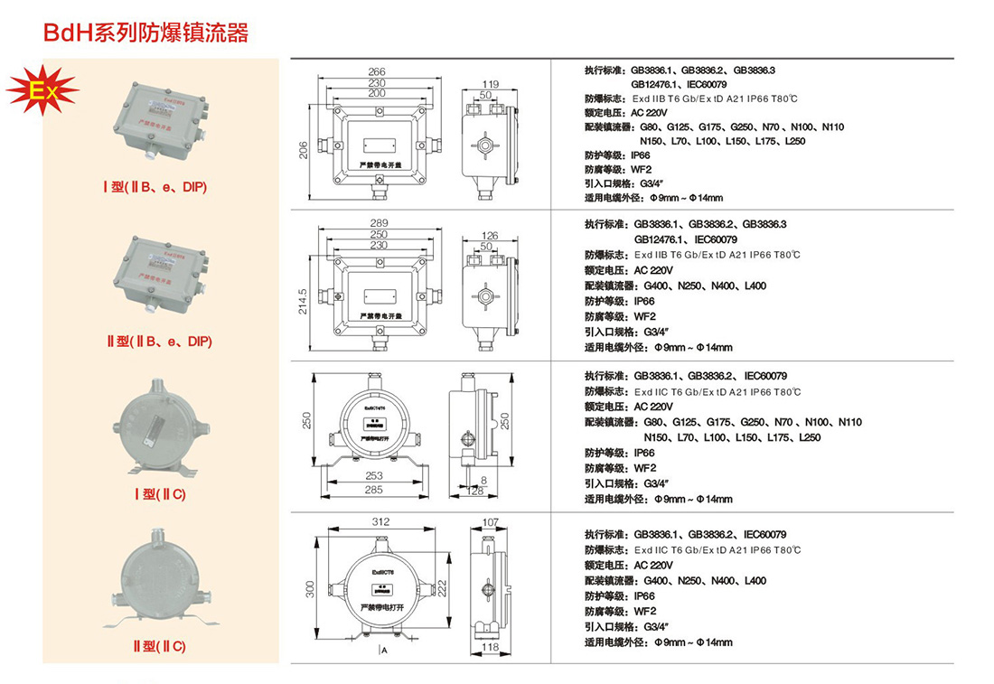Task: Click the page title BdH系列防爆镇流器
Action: [146, 34]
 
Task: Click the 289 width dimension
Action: [379, 223]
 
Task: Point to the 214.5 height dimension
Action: [305, 302]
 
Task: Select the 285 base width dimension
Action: [374, 489]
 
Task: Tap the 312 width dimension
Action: [380, 521]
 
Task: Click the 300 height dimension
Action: [310, 589]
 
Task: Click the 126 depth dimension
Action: [490, 236]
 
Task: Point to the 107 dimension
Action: [491, 521]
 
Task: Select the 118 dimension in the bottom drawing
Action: [491, 647]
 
